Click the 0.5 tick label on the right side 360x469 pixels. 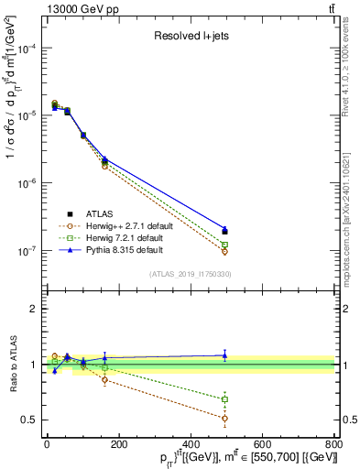click(x=349, y=420)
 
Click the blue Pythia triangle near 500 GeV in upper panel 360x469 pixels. click(x=225, y=229)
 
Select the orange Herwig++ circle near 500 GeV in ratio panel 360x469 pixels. click(x=225, y=418)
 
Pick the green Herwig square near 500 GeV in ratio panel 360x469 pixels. click(x=225, y=399)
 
